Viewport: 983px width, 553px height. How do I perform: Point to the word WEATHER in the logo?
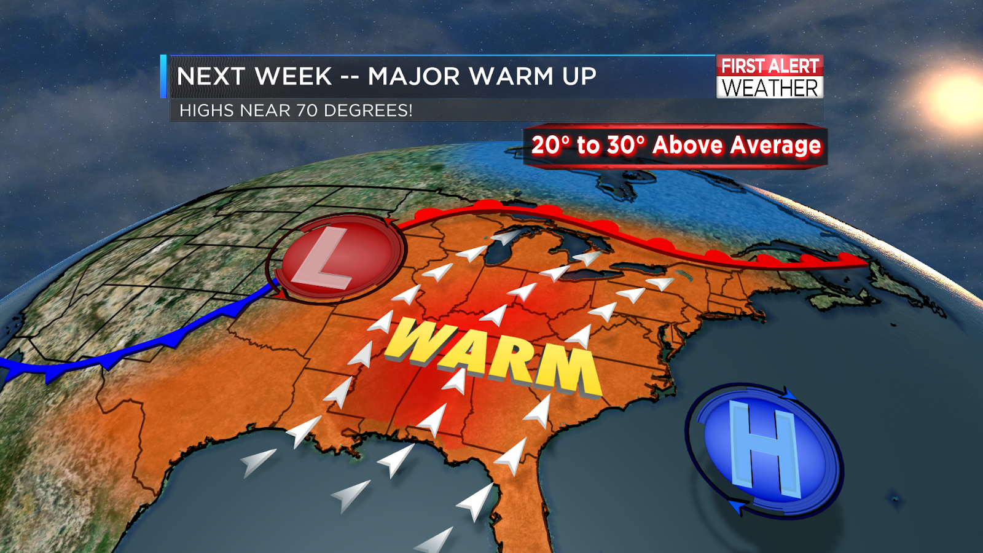coord(770,88)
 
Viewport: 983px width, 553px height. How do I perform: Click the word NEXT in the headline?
coord(211,77)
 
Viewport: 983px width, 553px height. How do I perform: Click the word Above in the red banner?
coord(687,146)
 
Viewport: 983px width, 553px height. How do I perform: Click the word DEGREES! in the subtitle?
coord(368,111)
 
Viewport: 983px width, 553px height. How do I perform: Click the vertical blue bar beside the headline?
coord(163,76)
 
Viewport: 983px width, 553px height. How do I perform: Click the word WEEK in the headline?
coord(293,77)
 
